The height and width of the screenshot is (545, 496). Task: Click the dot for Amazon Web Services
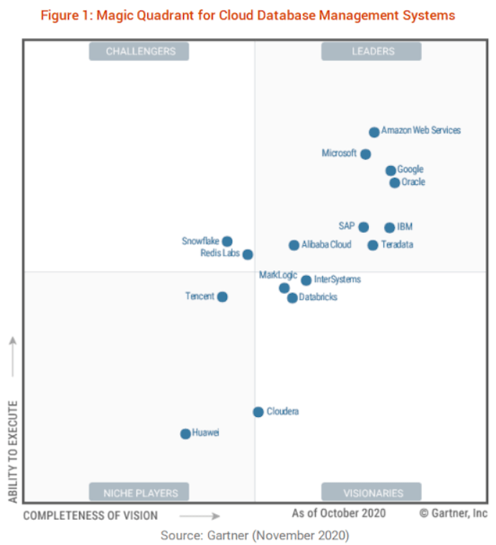click(x=374, y=132)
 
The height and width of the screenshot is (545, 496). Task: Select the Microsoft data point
click(x=365, y=154)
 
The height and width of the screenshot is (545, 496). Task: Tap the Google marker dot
click(x=390, y=170)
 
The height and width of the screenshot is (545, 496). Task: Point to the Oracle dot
click(x=394, y=183)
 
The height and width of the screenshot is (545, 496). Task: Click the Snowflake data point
click(x=227, y=242)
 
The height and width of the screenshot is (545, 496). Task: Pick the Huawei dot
click(x=185, y=434)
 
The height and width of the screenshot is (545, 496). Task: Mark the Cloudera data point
click(x=258, y=412)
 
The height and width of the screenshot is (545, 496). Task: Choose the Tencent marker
click(x=223, y=297)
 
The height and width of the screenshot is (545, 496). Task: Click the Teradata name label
click(x=397, y=245)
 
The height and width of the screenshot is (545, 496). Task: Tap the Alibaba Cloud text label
click(x=327, y=245)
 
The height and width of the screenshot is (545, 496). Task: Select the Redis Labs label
click(x=220, y=254)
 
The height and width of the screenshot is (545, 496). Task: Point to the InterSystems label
click(x=337, y=280)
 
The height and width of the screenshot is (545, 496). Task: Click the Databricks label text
click(x=318, y=297)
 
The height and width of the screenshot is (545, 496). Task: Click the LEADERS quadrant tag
click(x=372, y=51)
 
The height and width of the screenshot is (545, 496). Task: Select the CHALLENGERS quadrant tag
click(x=139, y=51)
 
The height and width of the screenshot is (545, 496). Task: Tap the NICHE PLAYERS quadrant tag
click(x=139, y=493)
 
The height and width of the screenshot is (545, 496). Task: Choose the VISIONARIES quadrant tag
click(x=372, y=493)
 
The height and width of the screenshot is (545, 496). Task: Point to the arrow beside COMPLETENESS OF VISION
click(x=200, y=516)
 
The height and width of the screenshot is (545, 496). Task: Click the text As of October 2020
click(x=338, y=513)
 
